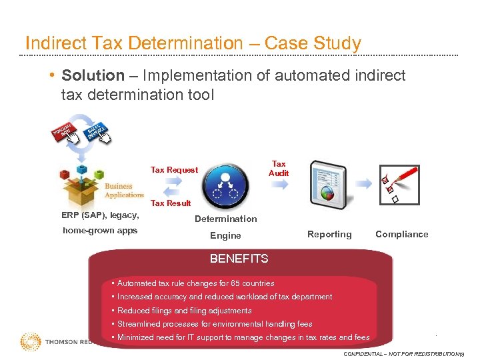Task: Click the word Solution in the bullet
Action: pos(93,76)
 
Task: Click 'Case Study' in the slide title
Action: pos(313,43)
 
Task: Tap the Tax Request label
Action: pos(174,170)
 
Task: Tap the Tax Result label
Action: pos(171,203)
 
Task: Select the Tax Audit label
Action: pos(279,169)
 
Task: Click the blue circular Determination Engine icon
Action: pos(225,187)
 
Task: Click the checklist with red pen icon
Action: pos(397,183)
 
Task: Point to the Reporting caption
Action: pos(329,235)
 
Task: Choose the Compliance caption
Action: pos(401,234)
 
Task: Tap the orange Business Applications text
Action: pos(123,191)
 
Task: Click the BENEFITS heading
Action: pos(239,259)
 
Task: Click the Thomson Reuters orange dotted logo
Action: pos(30,342)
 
